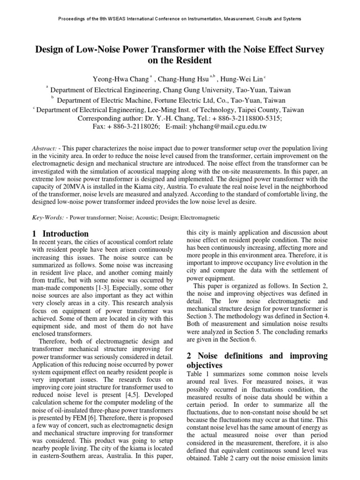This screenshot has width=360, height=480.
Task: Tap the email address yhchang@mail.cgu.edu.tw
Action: pos(227,127)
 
